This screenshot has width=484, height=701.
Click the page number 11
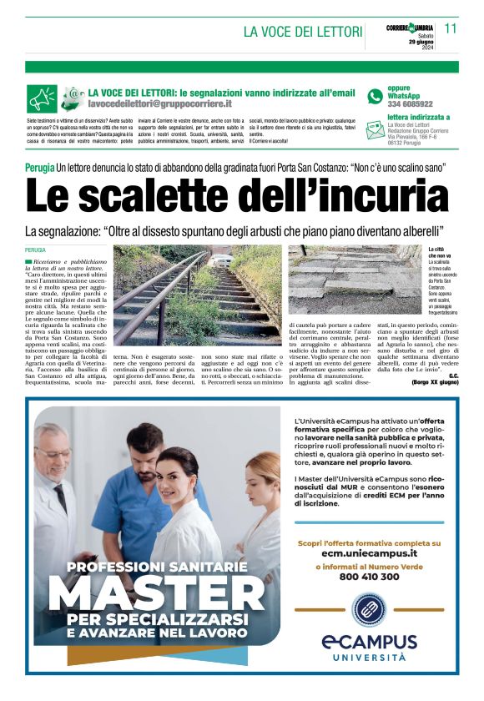point(451,28)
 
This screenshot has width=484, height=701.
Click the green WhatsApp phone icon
point(375,97)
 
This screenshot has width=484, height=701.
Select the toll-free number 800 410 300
point(368,576)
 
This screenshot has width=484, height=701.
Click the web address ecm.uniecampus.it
point(368,552)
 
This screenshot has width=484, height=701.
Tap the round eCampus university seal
point(368,609)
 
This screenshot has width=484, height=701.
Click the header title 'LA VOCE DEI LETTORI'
point(303,32)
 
